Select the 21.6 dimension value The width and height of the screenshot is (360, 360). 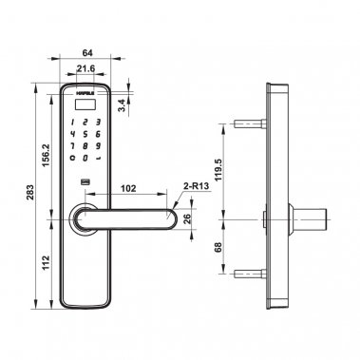[x=86, y=70]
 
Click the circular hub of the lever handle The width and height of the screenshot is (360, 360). [x=85, y=218]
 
